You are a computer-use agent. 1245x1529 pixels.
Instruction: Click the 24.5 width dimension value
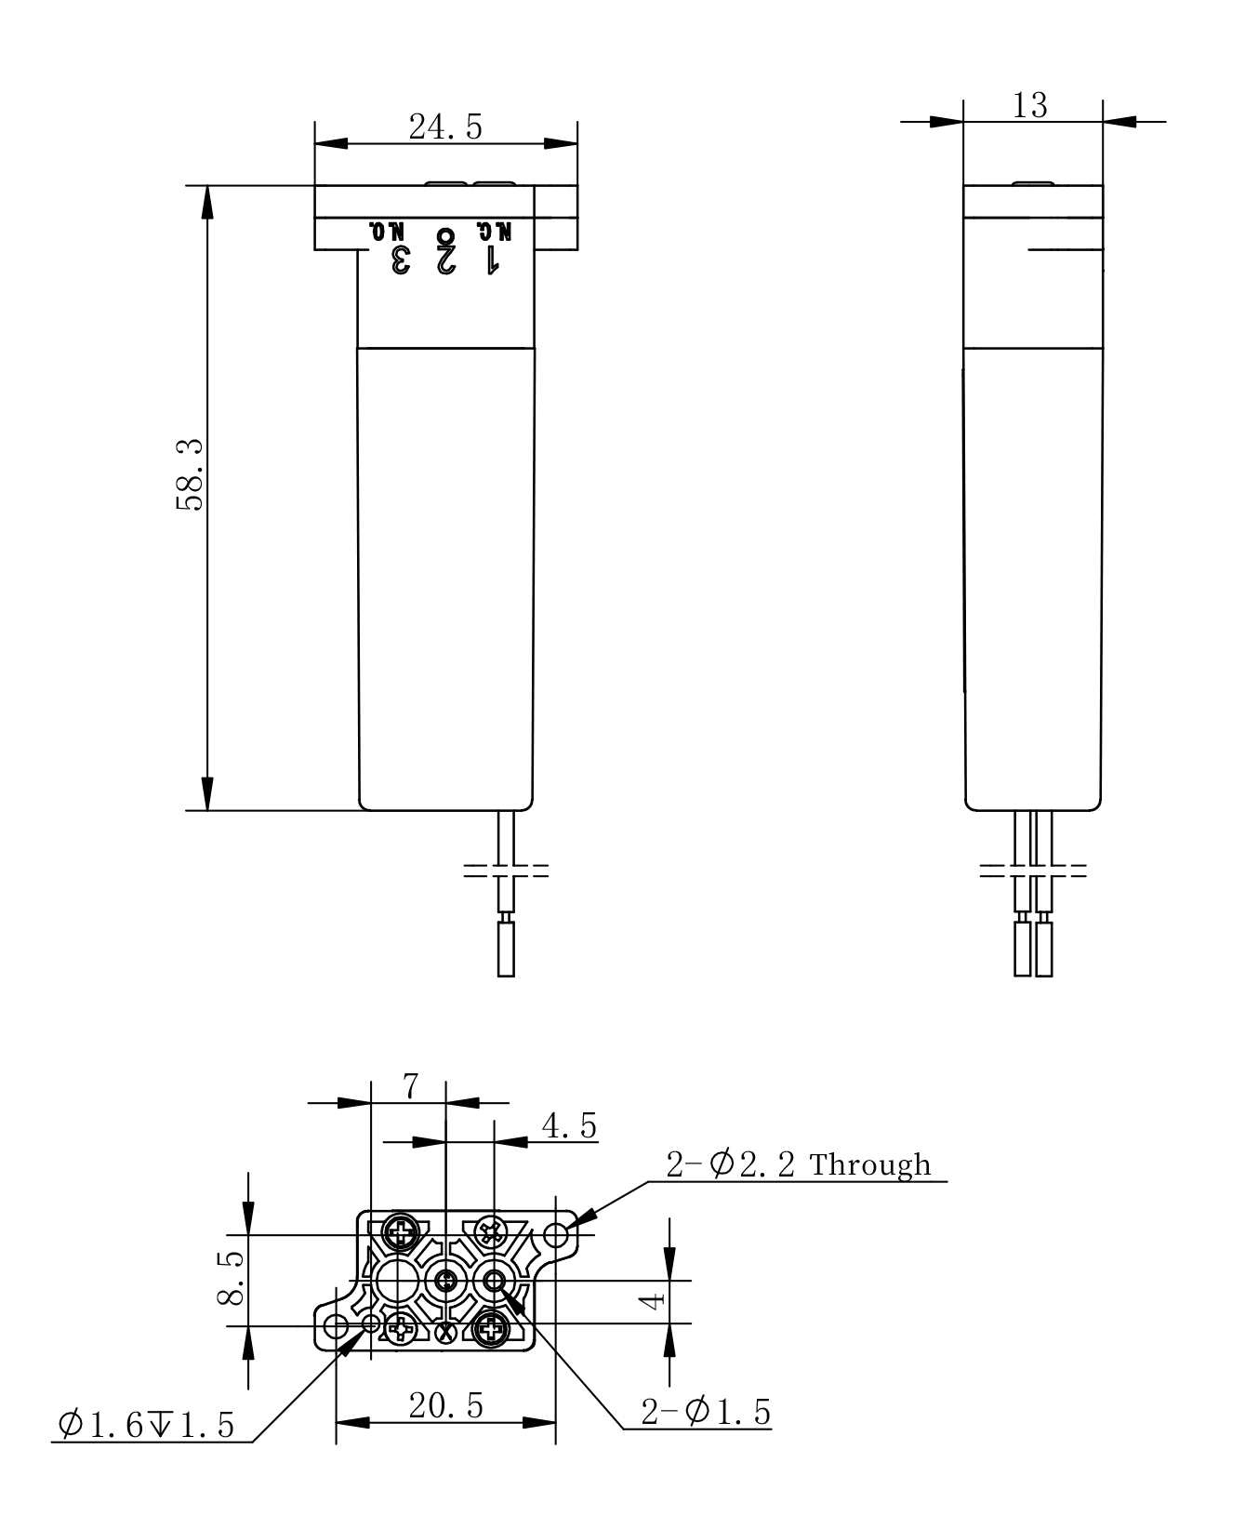tap(445, 127)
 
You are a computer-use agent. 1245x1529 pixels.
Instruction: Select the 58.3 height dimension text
tap(191, 475)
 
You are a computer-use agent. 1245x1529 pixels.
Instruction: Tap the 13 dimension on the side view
tap(1030, 105)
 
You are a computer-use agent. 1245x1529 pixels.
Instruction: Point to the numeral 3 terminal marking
tap(400, 260)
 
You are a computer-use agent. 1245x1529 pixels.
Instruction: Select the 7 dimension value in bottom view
tap(411, 1085)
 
